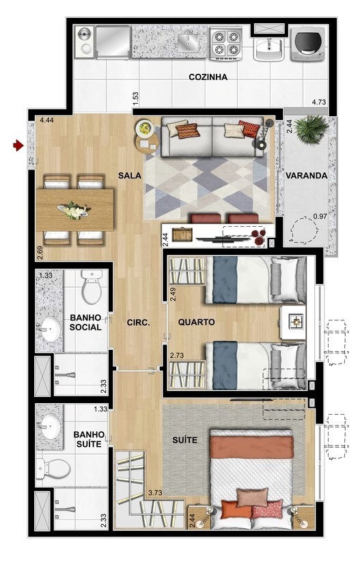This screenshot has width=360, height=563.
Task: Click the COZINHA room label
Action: point(208,77)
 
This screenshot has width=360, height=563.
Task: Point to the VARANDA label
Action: point(307,176)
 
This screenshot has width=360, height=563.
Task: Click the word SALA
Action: point(129,176)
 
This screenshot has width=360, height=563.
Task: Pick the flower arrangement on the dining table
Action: point(74,210)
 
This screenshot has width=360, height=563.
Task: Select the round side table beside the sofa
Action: point(146,139)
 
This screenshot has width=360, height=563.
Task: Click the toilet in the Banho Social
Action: point(92,288)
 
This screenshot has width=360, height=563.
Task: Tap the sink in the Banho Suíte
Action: point(51,427)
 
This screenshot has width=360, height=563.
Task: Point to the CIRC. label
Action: point(138,322)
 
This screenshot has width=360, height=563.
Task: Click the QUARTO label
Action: point(196,322)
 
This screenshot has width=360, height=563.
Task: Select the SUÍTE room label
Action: point(185,441)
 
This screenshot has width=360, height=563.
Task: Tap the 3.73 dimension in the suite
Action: point(156,493)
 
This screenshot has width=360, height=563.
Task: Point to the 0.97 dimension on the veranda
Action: point(320,217)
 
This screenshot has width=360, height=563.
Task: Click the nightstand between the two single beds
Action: point(294,321)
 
